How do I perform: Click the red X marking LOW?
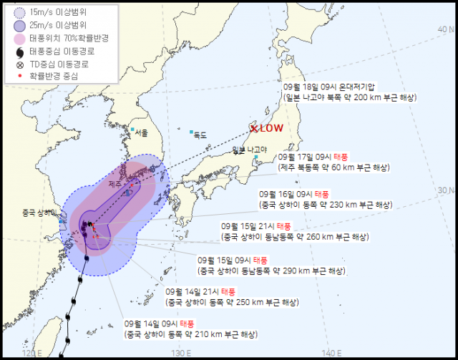[x=253, y=129]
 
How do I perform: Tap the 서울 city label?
[x=141, y=132]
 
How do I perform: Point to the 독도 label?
[x=200, y=134]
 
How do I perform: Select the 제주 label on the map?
[x=114, y=184]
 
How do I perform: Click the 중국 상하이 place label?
[x=39, y=213]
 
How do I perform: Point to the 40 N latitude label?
[x=446, y=28]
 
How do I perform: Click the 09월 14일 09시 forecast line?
[x=155, y=323]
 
